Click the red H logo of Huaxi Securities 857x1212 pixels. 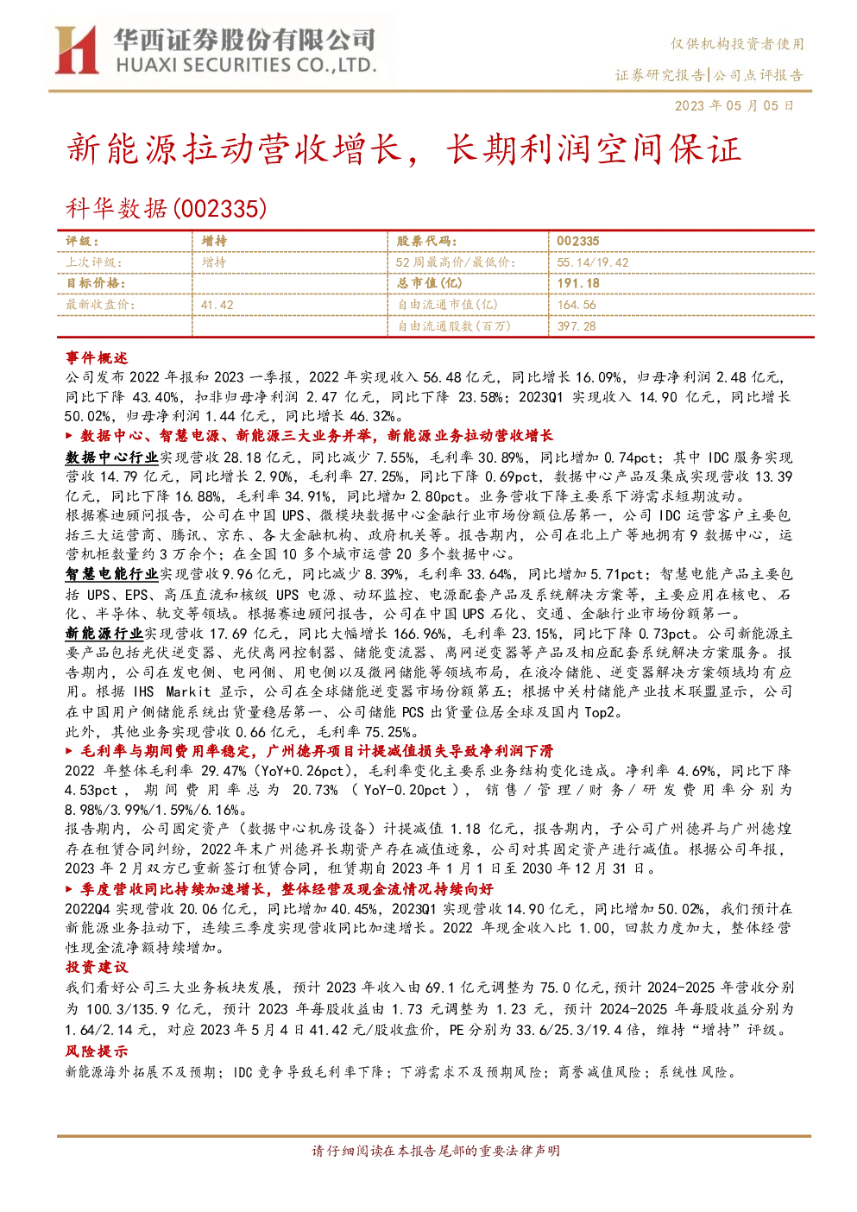[76, 50]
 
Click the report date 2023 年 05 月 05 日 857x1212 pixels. [734, 105]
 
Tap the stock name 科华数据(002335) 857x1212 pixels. [166, 209]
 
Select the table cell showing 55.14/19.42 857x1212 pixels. [592, 262]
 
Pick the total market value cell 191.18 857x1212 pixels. [578, 283]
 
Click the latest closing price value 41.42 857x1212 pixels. [217, 305]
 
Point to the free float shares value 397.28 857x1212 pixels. [576, 325]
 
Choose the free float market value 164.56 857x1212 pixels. [577, 305]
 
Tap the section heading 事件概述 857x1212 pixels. [97, 357]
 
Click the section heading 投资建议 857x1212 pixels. [97, 967]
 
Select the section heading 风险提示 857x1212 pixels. [97, 1051]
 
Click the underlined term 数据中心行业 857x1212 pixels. [111, 458]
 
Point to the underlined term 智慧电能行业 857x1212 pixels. [111, 574]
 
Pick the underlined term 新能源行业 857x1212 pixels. [104, 633]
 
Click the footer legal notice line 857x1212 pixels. [436, 1151]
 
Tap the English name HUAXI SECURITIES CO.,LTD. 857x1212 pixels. [246, 66]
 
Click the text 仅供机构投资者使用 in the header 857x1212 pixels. [737, 44]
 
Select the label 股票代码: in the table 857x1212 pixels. [426, 242]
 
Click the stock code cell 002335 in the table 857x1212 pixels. [578, 242]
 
